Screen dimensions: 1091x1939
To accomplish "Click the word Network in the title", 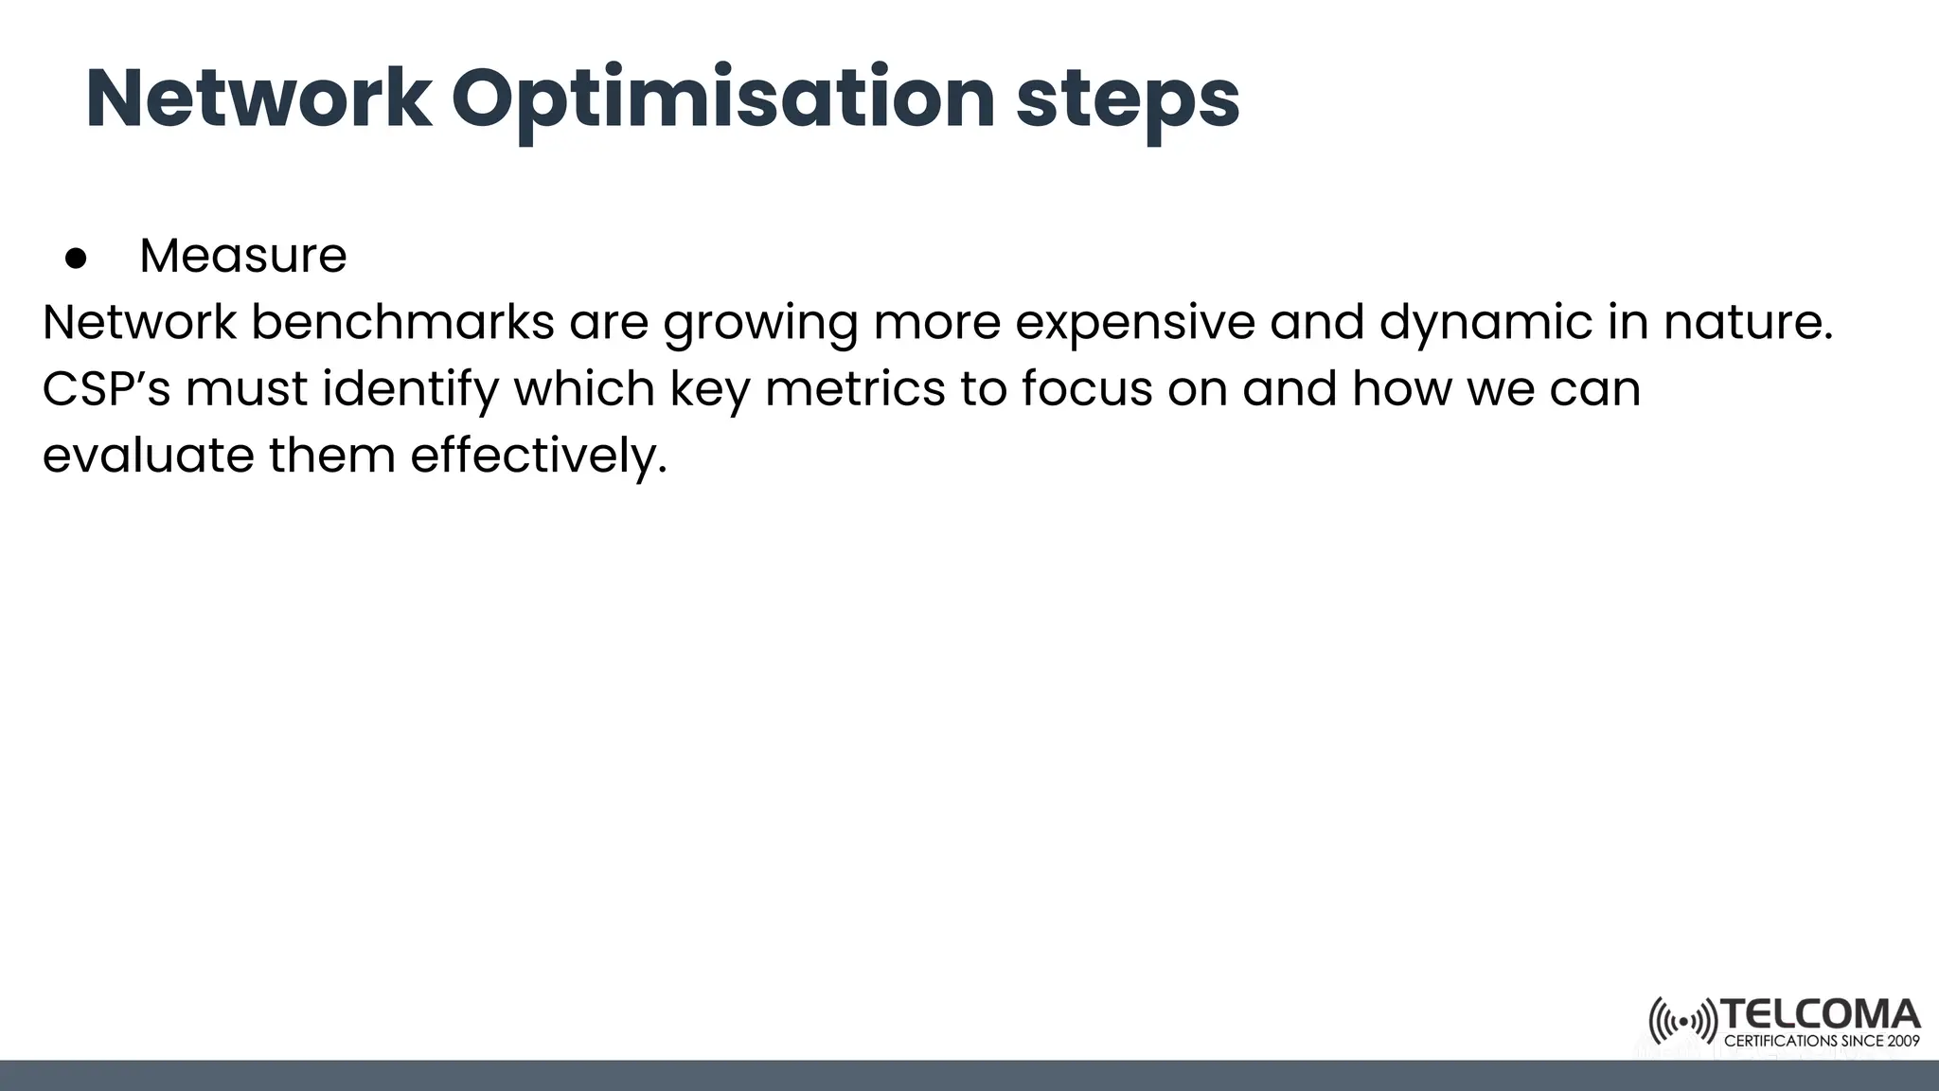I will tap(258, 99).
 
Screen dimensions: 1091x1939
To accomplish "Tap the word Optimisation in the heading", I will tap(722, 99).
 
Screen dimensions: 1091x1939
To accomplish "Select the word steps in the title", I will tap(1127, 99).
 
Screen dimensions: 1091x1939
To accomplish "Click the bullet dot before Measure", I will tap(76, 258).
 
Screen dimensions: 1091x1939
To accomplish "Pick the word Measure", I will tap(243, 256).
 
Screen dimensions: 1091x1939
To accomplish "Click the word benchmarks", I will tap(402, 322).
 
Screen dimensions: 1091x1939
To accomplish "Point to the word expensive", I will tap(1134, 322).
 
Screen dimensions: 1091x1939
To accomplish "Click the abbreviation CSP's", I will tap(106, 388).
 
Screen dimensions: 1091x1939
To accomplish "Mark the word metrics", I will tap(855, 388).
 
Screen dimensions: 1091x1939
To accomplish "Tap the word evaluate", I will tap(148, 455).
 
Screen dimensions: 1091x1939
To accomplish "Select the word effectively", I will tap(539, 455).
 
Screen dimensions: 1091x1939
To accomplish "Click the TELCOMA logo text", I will tap(1820, 1015).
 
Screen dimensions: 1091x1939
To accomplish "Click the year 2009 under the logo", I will tap(1902, 1041).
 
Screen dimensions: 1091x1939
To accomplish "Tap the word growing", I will tap(760, 322).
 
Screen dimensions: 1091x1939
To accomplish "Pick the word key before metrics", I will tap(709, 388).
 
